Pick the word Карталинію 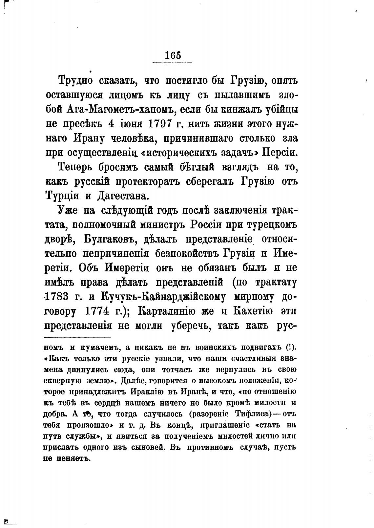tap(170, 311)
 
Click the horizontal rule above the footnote tap(77, 338)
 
